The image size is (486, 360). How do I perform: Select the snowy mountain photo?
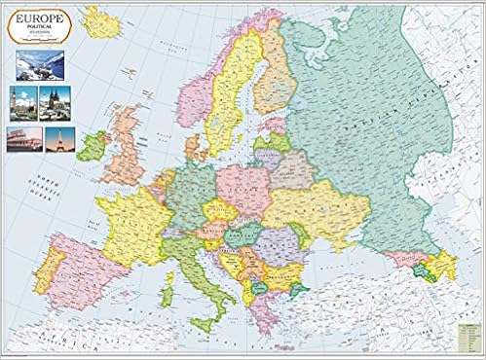[x=40, y=64]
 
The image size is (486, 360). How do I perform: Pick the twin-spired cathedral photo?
[x=53, y=101]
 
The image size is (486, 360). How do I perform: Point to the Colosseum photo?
[x=24, y=138]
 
